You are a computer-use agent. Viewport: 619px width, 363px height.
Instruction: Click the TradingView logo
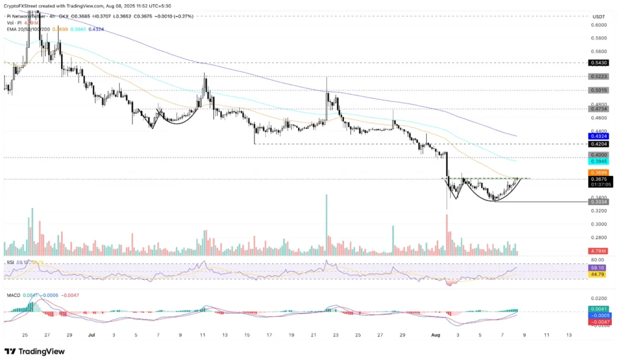coord(35,352)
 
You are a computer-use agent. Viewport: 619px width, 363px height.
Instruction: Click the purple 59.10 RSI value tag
coord(597,267)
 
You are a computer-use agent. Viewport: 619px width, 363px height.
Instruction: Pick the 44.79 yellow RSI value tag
coord(597,275)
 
